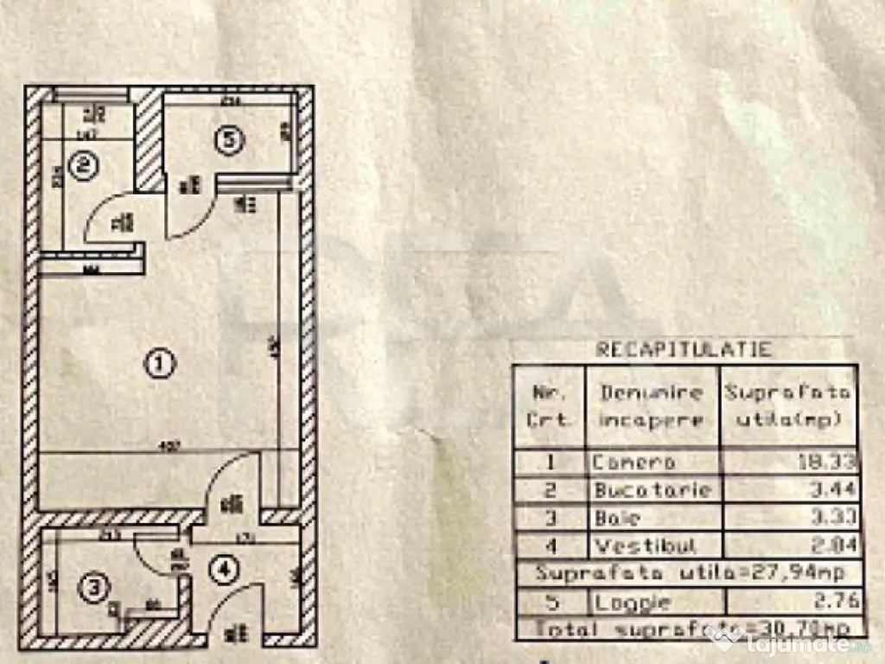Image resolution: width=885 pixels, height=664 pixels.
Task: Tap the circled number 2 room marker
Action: coord(82,165)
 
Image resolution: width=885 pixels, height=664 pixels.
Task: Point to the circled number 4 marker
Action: coord(224,570)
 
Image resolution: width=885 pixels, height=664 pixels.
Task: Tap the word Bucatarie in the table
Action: coord(653,490)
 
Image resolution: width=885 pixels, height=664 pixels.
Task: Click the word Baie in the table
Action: coord(617,518)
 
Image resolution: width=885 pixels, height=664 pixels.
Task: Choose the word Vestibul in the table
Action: coord(644,546)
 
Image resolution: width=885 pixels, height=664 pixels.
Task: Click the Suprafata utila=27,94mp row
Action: coord(687,572)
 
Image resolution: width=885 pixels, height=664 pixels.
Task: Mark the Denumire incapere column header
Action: coord(652,404)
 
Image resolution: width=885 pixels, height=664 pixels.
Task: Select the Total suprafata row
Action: coord(687,628)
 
